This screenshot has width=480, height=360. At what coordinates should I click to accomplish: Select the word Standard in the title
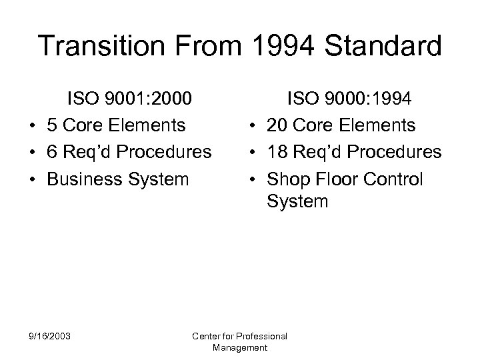tap(377, 47)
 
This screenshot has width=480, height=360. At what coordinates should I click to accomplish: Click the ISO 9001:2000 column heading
tap(129, 99)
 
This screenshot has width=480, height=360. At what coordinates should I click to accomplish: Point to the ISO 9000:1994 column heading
tap(349, 99)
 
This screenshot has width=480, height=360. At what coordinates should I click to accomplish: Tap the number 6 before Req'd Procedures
tap(51, 153)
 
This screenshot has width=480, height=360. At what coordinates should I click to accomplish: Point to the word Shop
tap(289, 180)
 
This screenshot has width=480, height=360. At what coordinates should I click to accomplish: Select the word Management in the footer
tap(239, 347)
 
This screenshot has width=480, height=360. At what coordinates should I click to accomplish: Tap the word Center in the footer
tap(206, 337)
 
